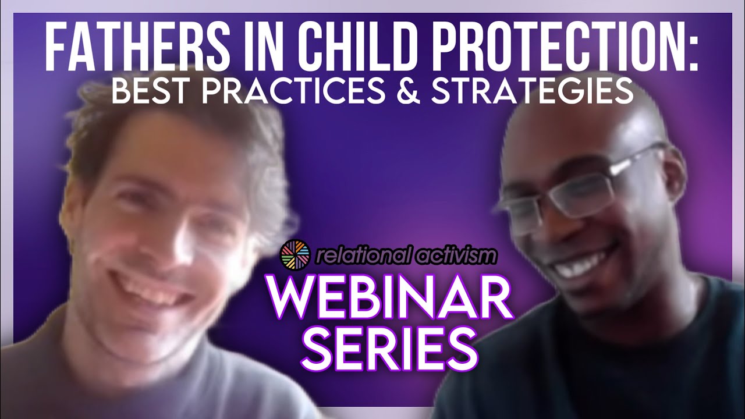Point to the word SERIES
tap(389, 346)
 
